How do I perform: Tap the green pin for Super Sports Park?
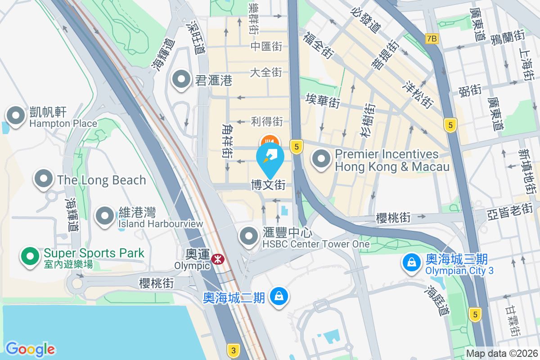tap(30, 257)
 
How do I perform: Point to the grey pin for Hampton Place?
tap(16, 116)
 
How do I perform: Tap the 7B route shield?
tap(432, 38)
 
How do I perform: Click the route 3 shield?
tap(233, 350)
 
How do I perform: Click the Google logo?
tap(30, 349)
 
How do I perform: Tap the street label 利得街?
tap(267, 121)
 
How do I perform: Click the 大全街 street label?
tap(266, 72)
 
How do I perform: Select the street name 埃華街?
tap(322, 100)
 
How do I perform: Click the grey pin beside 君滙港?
tap(182, 80)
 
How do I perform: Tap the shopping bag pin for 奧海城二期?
tap(279, 297)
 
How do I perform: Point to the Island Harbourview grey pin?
tap(105, 216)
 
